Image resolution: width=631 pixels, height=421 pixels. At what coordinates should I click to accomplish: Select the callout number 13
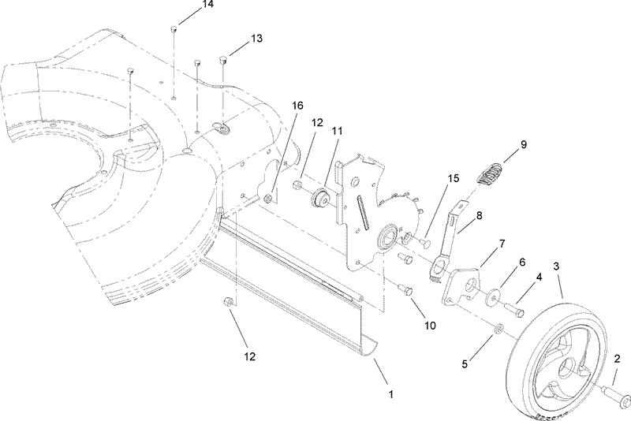256,39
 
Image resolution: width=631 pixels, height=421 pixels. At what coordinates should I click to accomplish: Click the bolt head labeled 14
173,31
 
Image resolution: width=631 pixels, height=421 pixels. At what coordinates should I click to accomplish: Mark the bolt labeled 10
409,289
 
